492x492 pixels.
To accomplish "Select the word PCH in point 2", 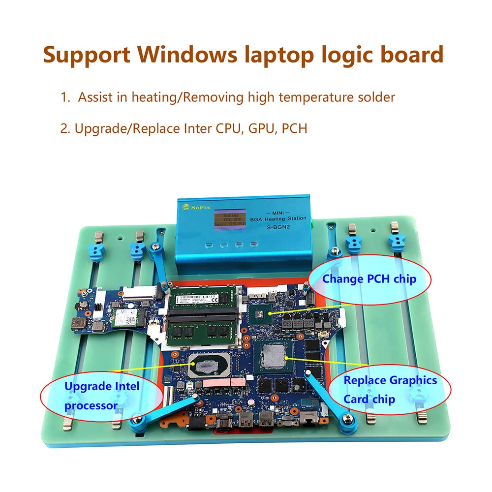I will point(294,129).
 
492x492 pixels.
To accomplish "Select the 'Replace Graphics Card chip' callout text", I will point(390,389).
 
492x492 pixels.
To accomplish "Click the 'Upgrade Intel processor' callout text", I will point(102,396).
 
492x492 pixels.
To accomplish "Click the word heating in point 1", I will point(153,97).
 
